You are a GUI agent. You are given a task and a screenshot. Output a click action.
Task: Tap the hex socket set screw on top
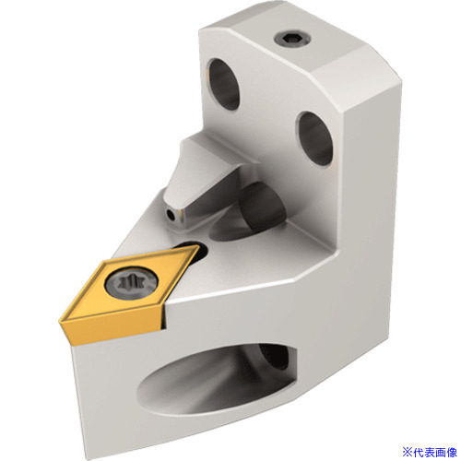coord(292,40)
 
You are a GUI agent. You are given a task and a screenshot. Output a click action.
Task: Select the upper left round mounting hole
coord(223,84)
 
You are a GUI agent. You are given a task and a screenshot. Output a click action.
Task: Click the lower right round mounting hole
coord(314,138)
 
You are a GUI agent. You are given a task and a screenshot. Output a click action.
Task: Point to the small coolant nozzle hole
coord(171,215)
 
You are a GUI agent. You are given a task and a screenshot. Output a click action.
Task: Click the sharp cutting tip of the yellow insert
coord(60,322)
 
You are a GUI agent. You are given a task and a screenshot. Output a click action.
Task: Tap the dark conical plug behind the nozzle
coord(261,207)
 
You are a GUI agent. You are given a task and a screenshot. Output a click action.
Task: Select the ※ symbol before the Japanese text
coord(408,452)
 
